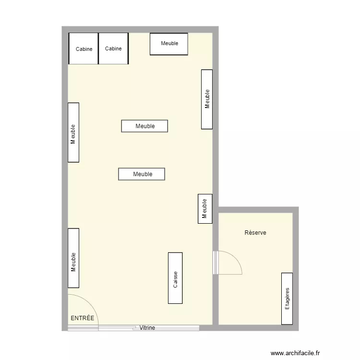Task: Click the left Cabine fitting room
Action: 84,48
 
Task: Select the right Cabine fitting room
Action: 113,48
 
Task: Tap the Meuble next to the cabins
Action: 169,44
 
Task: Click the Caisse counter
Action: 175,278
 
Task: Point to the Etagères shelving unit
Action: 287,298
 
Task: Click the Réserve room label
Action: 255,233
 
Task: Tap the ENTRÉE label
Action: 83,318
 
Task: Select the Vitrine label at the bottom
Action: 147,328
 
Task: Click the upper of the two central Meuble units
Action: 144,126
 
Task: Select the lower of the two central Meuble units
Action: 142,174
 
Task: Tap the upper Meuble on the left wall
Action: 73,132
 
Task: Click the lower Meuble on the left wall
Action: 73,258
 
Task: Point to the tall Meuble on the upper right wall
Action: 207,99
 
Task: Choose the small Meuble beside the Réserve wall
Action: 205,209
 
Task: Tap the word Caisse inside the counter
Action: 176,279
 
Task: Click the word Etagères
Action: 287,298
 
